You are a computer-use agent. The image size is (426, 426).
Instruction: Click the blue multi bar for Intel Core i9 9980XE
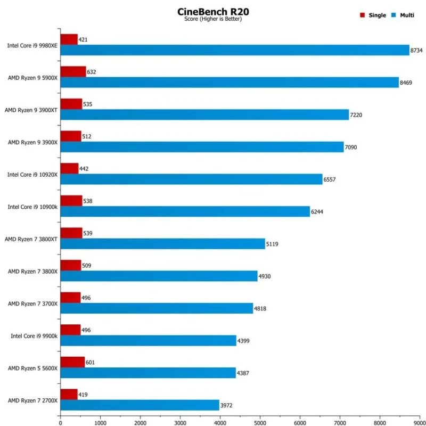(x=235, y=50)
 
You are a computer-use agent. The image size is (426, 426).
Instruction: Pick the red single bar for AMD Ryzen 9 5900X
(x=73, y=71)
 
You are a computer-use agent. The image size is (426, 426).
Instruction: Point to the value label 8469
(x=407, y=83)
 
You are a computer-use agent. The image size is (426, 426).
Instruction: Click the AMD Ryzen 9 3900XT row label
(x=31, y=110)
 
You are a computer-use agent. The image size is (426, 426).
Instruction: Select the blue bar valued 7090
(x=202, y=147)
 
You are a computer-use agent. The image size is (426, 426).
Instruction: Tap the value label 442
(x=84, y=168)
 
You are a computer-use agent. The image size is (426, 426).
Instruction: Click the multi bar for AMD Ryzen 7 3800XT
(x=162, y=244)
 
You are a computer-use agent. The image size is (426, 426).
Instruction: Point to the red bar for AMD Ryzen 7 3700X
(x=70, y=297)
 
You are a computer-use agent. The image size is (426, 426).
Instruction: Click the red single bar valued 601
(x=72, y=362)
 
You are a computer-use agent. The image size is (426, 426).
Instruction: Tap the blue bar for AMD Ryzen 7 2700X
(x=140, y=405)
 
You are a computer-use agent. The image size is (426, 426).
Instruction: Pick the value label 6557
(x=331, y=179)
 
